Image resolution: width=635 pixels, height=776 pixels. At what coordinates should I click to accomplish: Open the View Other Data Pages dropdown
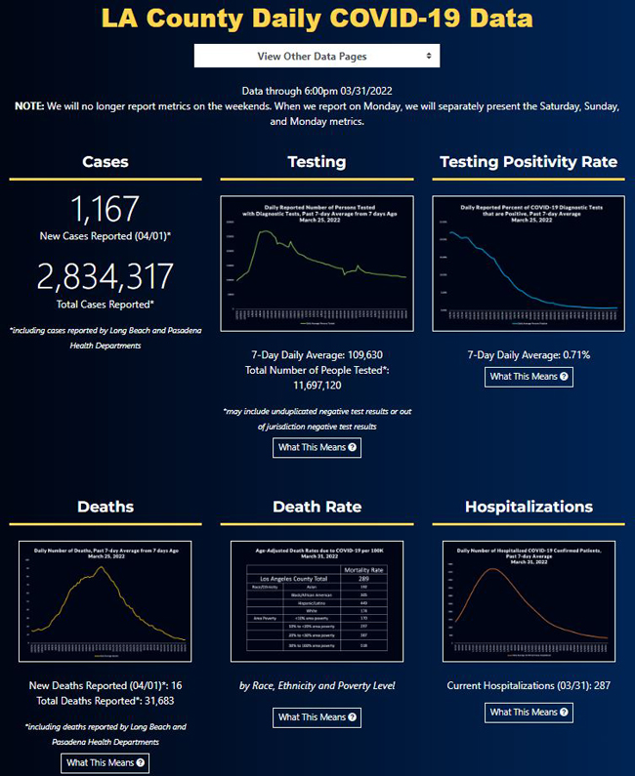317,56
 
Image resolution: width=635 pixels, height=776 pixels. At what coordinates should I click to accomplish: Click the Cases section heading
106,162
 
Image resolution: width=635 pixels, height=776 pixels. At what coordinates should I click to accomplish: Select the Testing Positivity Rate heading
529,162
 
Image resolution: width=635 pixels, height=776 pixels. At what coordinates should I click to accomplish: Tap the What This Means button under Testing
317,447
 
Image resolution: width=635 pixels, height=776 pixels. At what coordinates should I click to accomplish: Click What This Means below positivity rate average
529,376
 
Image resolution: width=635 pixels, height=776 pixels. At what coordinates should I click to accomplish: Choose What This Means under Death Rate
317,717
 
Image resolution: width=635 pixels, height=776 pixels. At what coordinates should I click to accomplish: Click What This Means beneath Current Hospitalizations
529,713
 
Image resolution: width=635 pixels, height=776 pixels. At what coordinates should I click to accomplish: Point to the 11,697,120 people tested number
317,387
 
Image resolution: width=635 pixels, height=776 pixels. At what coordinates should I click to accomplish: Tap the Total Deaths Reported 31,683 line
106,702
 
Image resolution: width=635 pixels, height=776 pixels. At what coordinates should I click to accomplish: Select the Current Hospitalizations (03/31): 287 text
529,685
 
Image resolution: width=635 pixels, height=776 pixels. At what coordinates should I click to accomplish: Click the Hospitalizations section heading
529,507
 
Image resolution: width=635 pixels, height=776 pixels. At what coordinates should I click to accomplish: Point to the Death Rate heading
317,507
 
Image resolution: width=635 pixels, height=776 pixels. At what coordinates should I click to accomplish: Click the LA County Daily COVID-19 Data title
317,19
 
